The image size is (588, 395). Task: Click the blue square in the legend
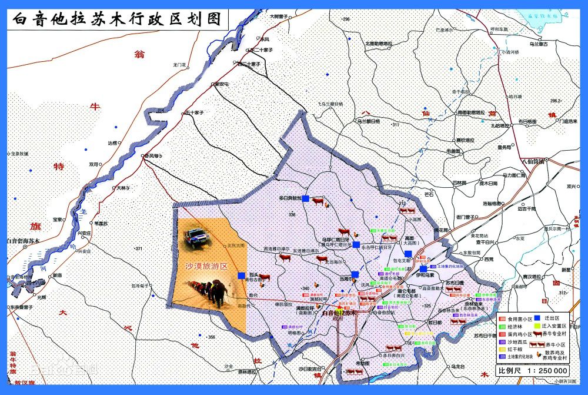click(537, 318)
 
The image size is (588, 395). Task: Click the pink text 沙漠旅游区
click(206, 266)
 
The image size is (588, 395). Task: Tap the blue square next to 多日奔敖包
click(306, 199)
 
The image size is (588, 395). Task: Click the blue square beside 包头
click(241, 275)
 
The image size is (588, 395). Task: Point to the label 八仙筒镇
click(533, 161)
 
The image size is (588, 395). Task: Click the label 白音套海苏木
click(22, 241)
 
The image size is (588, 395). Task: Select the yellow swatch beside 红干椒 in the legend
click(502, 348)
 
